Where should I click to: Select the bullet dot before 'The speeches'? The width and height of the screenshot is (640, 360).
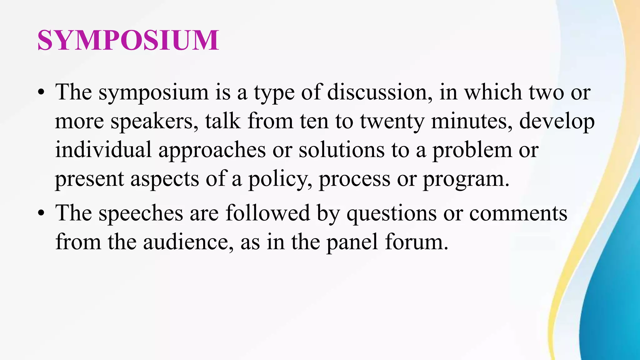click(x=41, y=213)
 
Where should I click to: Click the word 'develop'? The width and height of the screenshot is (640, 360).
click(x=557, y=122)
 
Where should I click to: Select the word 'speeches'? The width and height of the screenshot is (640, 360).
click(x=141, y=214)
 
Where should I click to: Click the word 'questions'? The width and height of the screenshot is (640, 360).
click(x=391, y=214)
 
